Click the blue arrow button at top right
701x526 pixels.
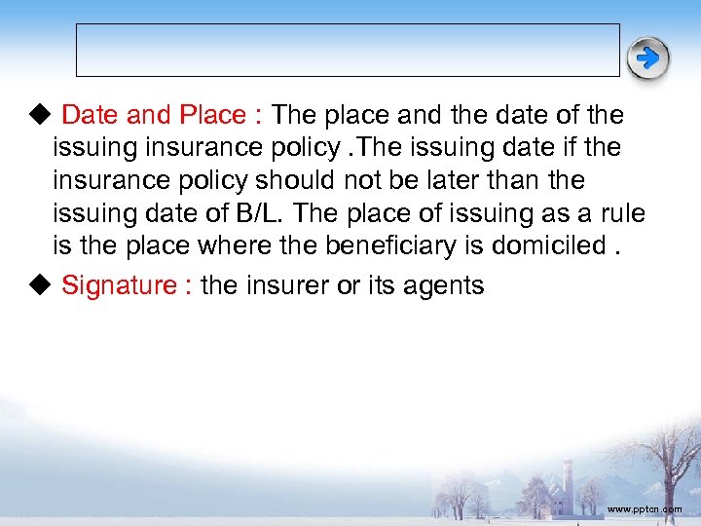tap(647, 58)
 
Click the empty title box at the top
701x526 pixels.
tap(348, 50)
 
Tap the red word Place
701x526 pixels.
tap(212, 115)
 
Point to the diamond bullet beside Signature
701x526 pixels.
tap(38, 285)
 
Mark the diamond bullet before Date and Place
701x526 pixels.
tap(38, 115)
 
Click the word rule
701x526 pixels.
tap(622, 213)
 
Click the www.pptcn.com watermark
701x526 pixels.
tap(645, 509)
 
